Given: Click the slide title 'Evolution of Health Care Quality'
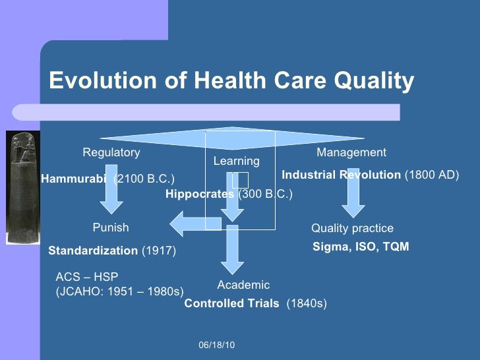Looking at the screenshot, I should point(231,81).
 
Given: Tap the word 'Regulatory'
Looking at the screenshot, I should point(111,152).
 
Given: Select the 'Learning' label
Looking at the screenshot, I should point(236,161).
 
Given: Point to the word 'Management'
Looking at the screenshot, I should point(351,152).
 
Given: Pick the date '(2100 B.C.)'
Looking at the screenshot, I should point(144,179).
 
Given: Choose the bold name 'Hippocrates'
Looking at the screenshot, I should point(200,195).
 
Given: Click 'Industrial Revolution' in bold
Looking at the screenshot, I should point(341,175).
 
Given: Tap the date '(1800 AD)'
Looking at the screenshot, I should point(431,175).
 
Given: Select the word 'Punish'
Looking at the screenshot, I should point(111,227).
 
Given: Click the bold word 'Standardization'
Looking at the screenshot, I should point(93,251).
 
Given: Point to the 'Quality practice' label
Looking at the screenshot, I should point(352,228).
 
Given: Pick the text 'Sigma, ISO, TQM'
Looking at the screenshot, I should point(360,247).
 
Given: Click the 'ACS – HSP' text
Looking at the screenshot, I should point(86,277).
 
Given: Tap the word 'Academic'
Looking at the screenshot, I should point(243,285).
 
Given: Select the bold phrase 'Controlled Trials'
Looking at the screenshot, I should point(231,303).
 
